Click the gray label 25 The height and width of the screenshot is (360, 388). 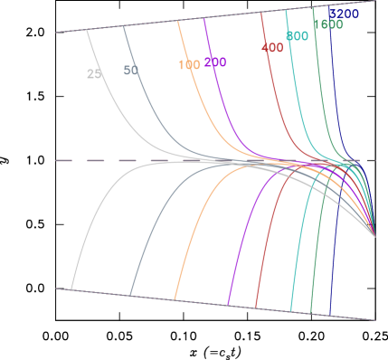click(94, 74)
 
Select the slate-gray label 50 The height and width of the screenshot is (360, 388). click(131, 71)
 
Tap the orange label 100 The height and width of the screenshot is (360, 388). click(188, 65)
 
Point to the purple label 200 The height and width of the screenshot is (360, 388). click(215, 62)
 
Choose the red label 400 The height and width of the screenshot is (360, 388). click(272, 47)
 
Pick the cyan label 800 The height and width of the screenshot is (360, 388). click(297, 35)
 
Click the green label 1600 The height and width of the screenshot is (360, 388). click(327, 25)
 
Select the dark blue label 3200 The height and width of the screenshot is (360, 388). click(344, 14)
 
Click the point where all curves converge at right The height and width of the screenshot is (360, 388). click(375, 237)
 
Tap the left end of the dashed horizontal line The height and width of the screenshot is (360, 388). click(56, 161)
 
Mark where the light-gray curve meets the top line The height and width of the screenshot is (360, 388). click(88, 30)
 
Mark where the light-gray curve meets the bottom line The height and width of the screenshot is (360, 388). click(71, 289)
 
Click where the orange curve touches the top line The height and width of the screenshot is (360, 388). click(177, 22)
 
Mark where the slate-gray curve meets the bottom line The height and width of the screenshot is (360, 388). click(131, 295)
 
